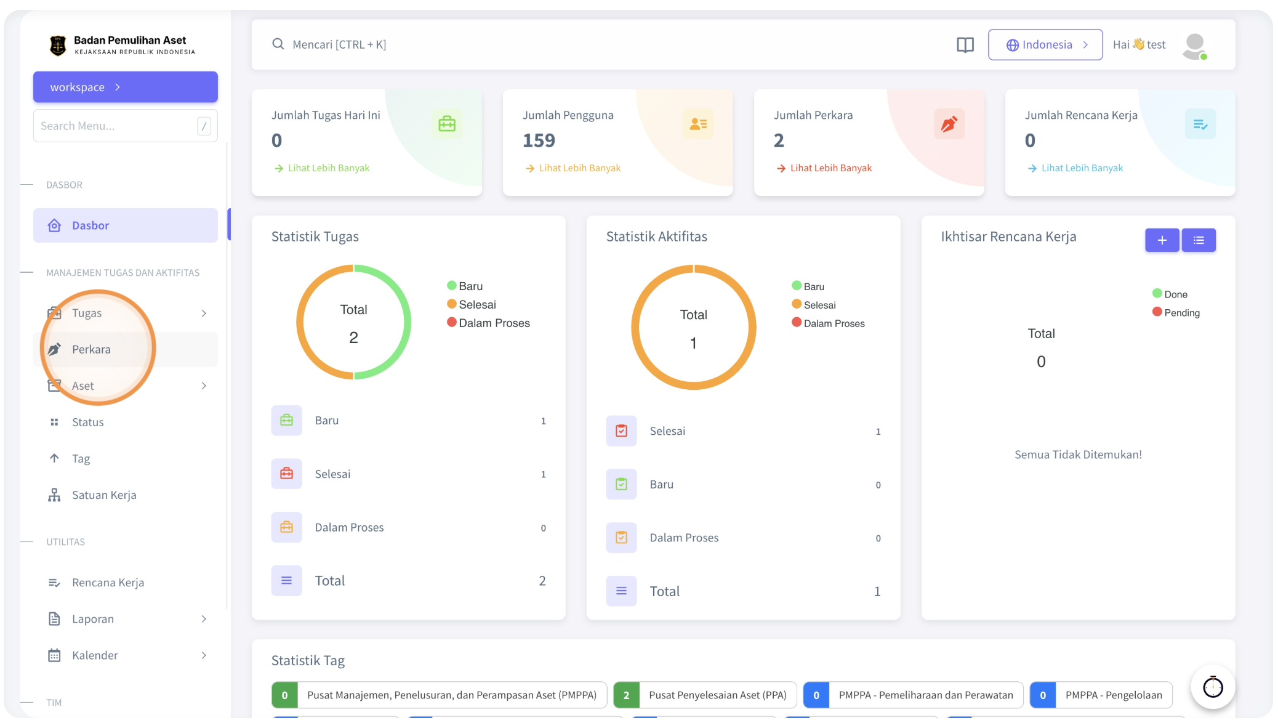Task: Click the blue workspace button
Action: [x=125, y=87]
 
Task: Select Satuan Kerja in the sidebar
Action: [x=104, y=495]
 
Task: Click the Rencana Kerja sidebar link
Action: [x=108, y=583]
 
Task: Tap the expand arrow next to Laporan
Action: [x=204, y=619]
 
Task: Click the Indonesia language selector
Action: [x=1045, y=44]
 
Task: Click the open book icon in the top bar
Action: [x=965, y=45]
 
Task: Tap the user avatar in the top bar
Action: [x=1194, y=46]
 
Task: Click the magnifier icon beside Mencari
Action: [x=278, y=44]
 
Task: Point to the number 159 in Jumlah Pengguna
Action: [x=539, y=141]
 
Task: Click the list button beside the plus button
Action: [x=1198, y=240]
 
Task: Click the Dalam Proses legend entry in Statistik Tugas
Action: [x=488, y=323]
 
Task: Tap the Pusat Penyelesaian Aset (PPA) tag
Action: [x=705, y=695]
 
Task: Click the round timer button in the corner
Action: [x=1213, y=687]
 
